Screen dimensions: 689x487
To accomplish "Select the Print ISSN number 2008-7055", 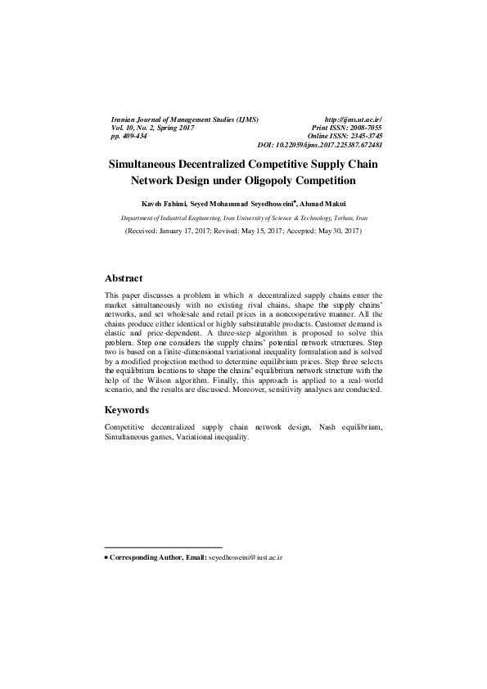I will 363,128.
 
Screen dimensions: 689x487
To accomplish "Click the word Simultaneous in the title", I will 148,164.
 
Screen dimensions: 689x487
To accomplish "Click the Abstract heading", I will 124,278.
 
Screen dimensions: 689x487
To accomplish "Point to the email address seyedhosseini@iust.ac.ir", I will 246,556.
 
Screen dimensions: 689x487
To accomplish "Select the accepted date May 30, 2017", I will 333,232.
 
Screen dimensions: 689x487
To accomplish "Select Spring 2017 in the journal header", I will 174,128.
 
